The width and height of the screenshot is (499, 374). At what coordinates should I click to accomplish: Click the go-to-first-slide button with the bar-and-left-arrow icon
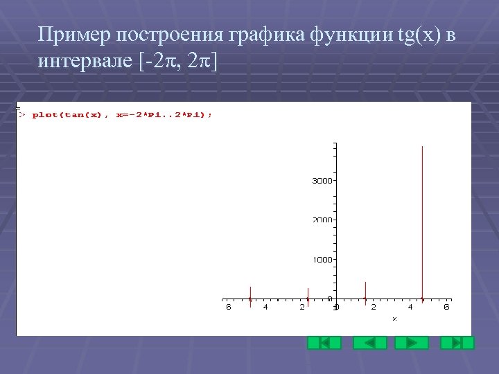coord(324,343)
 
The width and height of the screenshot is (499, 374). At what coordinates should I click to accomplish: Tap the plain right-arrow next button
coord(412,343)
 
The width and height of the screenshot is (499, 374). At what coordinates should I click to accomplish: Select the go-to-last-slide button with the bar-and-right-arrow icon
coord(457,343)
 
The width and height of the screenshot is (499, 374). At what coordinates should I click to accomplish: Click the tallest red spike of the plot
coord(422,222)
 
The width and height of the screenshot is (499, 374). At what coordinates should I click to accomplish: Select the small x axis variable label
coord(394,319)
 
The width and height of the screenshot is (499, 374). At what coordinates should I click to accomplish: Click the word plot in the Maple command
coord(45,115)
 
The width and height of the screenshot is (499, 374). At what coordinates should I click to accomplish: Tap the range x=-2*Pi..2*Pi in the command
coord(159,115)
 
